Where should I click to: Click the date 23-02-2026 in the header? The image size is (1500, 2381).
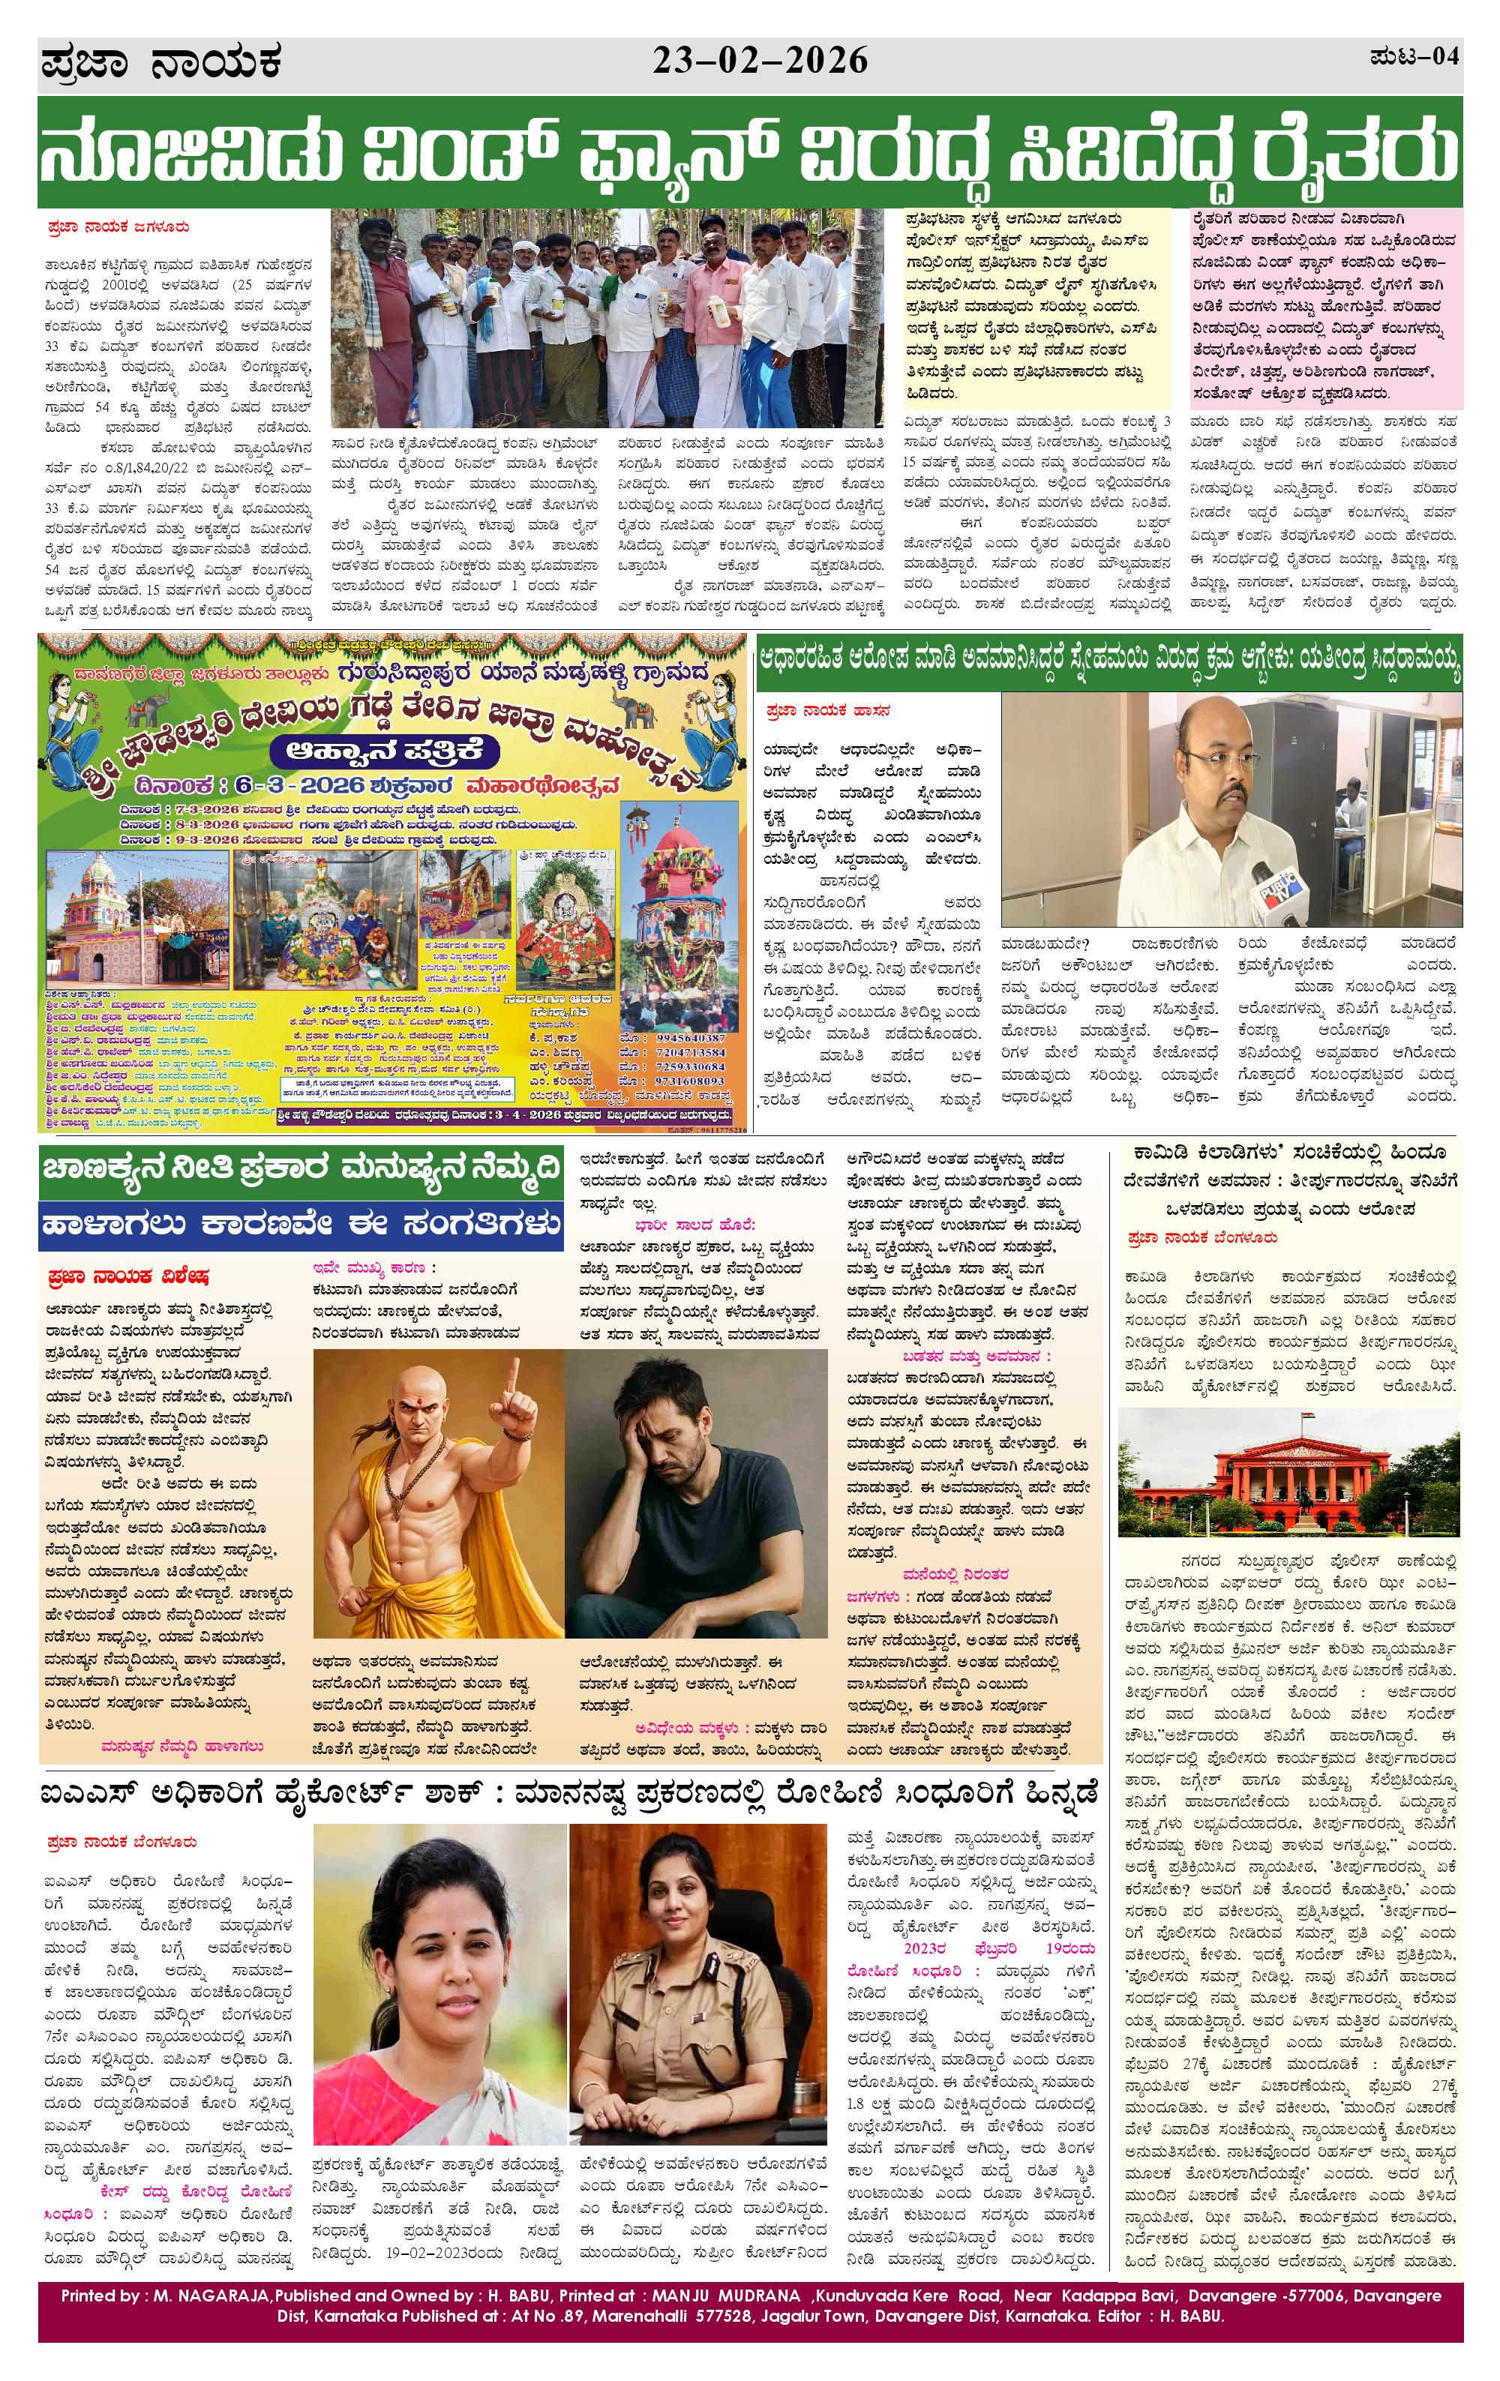click(x=760, y=61)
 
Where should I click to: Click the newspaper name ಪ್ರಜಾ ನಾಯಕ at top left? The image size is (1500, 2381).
click(x=161, y=63)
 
